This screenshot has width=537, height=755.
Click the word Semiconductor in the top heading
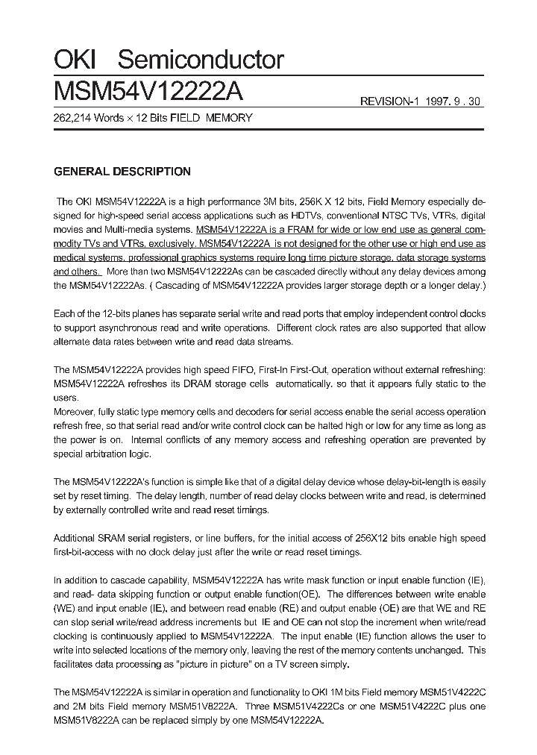click(201, 60)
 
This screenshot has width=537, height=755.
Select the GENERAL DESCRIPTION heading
click(122, 172)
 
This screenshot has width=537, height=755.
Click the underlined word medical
click(72, 257)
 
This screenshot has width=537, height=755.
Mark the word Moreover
click(76, 412)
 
